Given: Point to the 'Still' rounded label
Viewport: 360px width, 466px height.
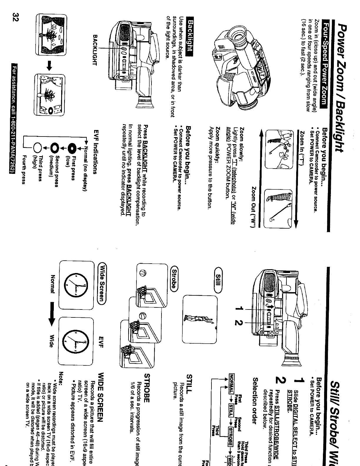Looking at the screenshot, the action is coord(221,280).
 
